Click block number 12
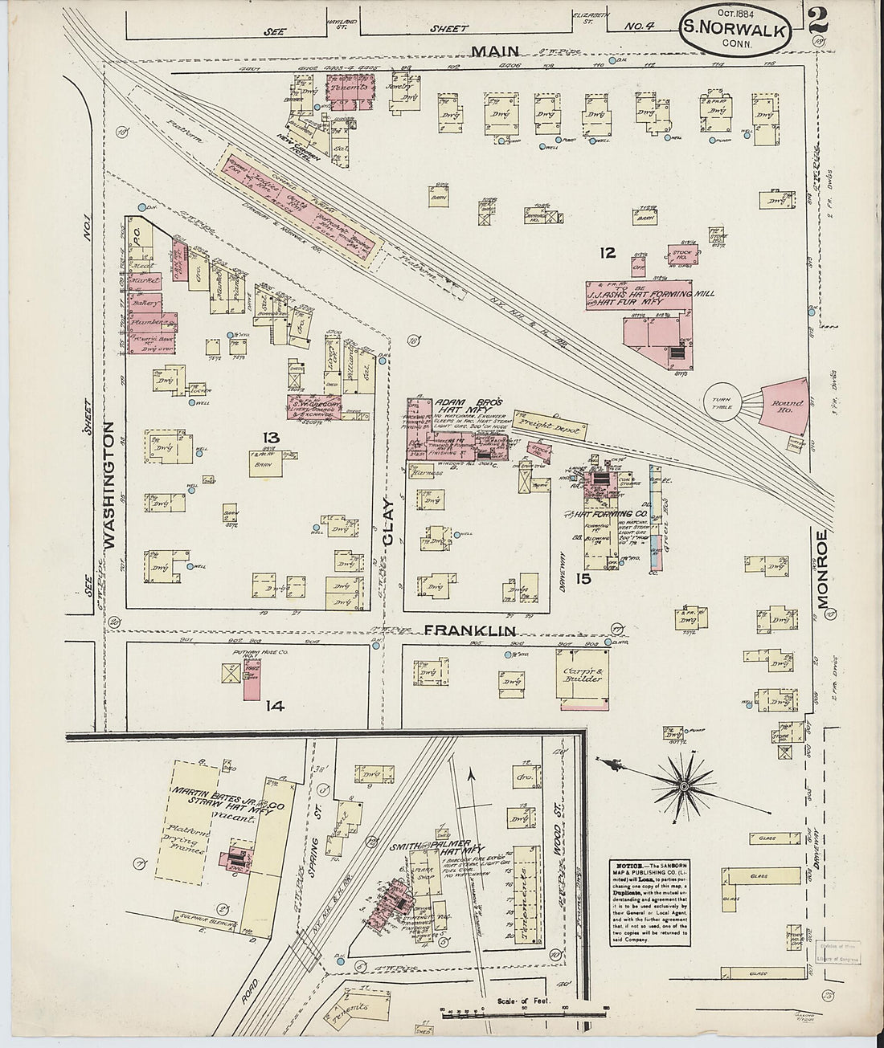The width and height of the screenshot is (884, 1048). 607,253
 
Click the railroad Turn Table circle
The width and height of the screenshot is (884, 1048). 718,403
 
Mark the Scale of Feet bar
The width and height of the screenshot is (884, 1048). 510,1009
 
